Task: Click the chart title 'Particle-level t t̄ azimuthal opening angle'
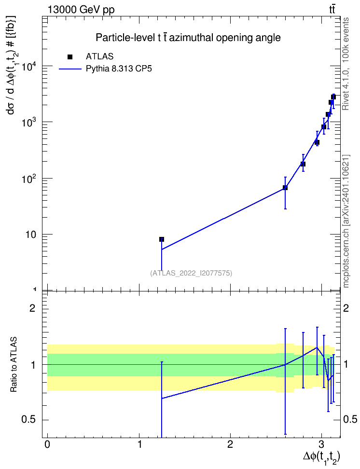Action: [188, 38]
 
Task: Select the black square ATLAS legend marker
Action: [70, 57]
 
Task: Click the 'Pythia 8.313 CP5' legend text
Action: [119, 69]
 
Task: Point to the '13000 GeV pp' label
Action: [81, 10]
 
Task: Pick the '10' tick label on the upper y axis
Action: [30, 235]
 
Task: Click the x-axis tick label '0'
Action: [47, 444]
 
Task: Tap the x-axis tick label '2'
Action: [230, 444]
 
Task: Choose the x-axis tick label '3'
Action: [322, 444]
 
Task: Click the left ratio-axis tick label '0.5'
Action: [29, 420]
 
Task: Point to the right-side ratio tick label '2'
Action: [346, 308]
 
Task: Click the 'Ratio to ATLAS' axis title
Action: [14, 365]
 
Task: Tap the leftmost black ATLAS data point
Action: [162, 239]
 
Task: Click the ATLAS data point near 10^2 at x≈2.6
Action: [285, 188]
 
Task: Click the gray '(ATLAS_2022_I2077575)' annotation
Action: [191, 273]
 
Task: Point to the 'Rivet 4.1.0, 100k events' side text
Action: [346, 64]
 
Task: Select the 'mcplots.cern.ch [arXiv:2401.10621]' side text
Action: [346, 221]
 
